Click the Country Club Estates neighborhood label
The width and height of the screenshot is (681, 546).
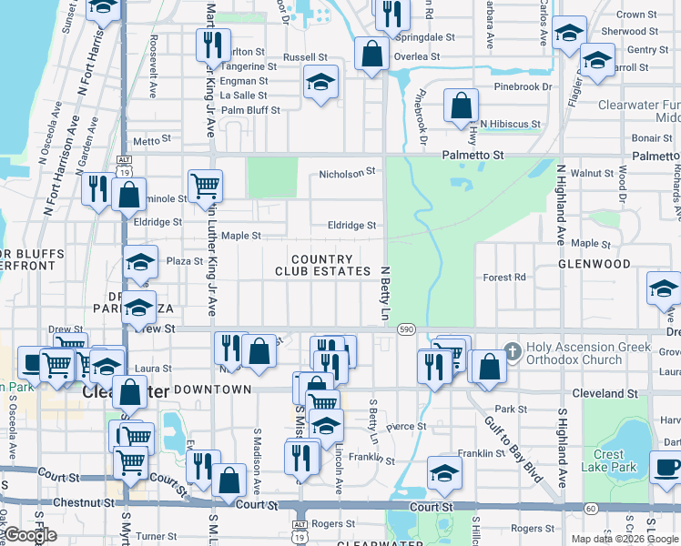pyautogui.click(x=322, y=266)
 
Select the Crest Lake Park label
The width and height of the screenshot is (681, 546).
pyautogui.click(x=609, y=460)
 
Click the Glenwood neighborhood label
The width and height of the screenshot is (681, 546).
pyautogui.click(x=595, y=264)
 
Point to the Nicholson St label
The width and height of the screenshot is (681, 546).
pyautogui.click(x=347, y=172)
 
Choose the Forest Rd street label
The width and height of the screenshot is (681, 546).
pyautogui.click(x=504, y=278)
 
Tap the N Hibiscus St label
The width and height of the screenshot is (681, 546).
pyautogui.click(x=511, y=124)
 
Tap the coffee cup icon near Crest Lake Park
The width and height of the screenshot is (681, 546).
pyautogui.click(x=666, y=468)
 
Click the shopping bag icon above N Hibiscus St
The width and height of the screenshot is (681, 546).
pyautogui.click(x=462, y=106)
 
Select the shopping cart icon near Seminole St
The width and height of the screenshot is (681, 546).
pyautogui.click(x=206, y=186)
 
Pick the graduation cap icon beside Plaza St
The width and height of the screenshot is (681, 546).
pyautogui.click(x=140, y=262)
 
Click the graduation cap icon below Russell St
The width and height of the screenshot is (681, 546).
pyautogui.click(x=320, y=83)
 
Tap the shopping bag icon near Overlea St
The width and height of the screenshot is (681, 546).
pyautogui.click(x=371, y=54)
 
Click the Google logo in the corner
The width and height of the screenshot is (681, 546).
pyautogui.click(x=31, y=536)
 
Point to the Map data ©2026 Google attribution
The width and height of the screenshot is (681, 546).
pyautogui.click(x=624, y=539)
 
